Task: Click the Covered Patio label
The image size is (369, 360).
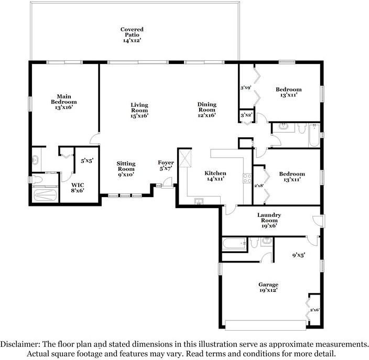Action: click(x=132, y=35)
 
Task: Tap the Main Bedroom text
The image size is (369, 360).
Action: click(x=64, y=102)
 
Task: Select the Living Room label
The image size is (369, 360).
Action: click(x=139, y=110)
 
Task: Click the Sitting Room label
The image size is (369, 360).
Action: click(x=126, y=169)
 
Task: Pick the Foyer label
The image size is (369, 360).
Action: click(x=166, y=166)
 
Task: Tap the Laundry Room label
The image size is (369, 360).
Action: click(x=269, y=220)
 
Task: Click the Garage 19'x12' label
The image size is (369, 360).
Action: click(x=268, y=287)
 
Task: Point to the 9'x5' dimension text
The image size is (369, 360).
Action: click(x=299, y=256)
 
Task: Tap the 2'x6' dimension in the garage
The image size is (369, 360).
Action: click(x=314, y=310)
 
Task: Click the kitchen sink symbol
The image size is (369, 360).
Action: click(x=200, y=201)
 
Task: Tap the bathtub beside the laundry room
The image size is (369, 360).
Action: click(x=234, y=244)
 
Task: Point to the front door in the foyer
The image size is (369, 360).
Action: click(x=167, y=182)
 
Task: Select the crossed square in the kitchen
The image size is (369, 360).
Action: click(x=184, y=158)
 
